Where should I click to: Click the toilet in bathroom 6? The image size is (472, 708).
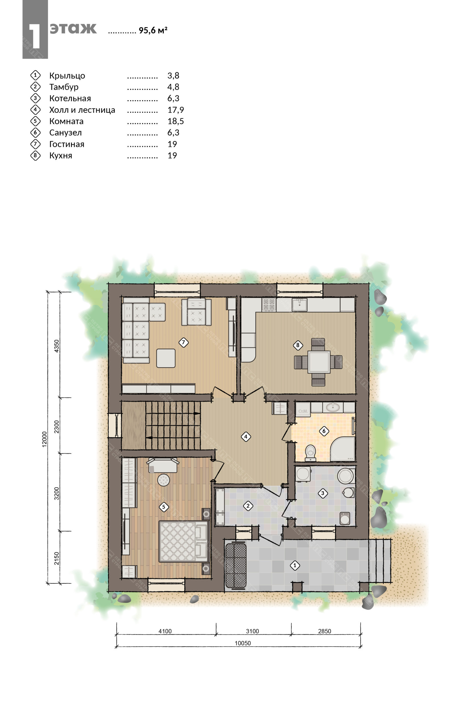310,453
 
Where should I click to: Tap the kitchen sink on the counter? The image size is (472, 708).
299,304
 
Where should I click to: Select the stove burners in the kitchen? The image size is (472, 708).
269,304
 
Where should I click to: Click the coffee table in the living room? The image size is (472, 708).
166,358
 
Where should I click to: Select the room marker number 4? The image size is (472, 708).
246,436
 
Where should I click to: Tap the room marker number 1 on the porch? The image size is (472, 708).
295,566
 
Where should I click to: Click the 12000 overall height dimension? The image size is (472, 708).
45,439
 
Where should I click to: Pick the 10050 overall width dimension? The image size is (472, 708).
242,643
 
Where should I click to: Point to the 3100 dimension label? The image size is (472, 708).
252,631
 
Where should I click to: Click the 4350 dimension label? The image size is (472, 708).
57,346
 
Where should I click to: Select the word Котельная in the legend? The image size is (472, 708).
70,98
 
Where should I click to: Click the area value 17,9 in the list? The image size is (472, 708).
176,110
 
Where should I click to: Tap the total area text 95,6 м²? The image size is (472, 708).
153,30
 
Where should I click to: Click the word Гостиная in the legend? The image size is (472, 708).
67,144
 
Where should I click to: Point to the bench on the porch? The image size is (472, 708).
236,565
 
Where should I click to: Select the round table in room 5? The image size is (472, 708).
163,480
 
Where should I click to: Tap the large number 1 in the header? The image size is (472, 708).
35,36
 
